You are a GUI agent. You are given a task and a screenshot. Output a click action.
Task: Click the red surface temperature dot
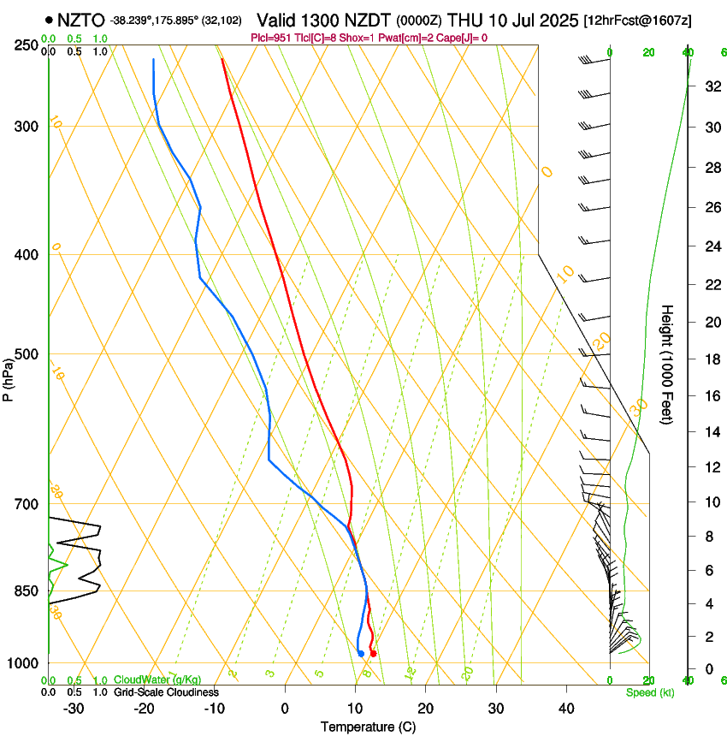373,654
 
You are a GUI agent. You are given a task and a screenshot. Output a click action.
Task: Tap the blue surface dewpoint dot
361,654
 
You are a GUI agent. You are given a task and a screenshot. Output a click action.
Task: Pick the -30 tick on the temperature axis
74,709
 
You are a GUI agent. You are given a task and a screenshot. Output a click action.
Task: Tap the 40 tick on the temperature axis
565,709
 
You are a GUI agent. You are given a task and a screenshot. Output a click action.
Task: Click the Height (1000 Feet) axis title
667,364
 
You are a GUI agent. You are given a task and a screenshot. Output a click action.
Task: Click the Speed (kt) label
649,692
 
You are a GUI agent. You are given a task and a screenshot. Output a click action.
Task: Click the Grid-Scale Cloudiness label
166,692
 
